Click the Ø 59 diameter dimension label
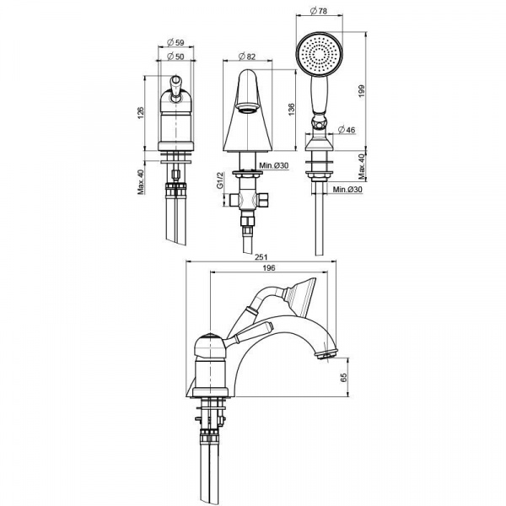tap(176, 42)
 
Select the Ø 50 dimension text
tap(176, 57)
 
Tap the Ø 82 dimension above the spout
tap(247, 57)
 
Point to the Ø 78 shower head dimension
tap(319, 11)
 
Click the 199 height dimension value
tap(361, 91)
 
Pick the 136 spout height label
tap(291, 110)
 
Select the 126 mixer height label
tap(141, 112)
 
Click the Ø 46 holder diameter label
tap(347, 130)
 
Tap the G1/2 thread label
tap(220, 180)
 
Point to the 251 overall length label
tap(261, 257)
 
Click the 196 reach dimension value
tap(269, 268)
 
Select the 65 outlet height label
tap(343, 377)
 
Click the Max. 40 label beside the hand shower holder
tap(361, 166)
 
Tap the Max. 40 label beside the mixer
tap(141, 181)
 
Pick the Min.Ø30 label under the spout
tap(274, 165)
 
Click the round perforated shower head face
tap(319, 54)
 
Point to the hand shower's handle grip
tap(319, 94)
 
